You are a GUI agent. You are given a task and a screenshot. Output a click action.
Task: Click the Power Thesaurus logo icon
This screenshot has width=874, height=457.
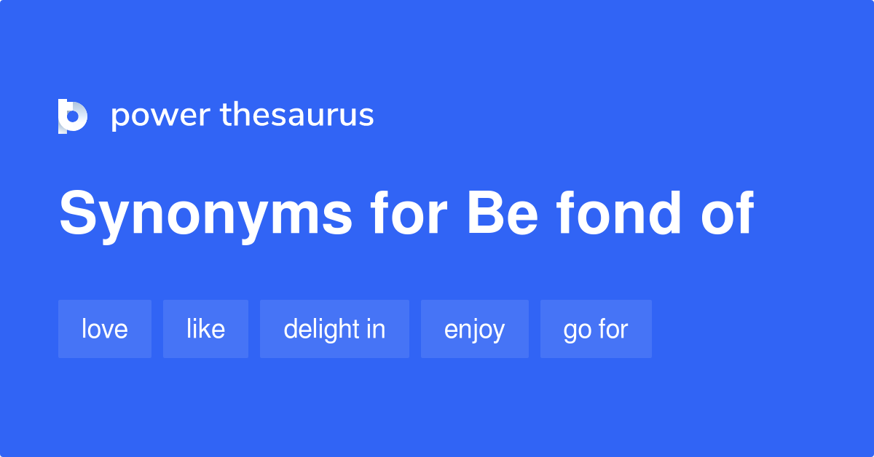click(73, 116)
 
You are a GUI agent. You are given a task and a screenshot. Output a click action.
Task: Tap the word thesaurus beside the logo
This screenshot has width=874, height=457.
click(297, 115)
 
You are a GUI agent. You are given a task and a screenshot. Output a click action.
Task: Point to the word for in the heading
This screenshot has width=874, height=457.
click(407, 215)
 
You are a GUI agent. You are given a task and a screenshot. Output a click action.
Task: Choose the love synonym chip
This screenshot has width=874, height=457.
click(105, 329)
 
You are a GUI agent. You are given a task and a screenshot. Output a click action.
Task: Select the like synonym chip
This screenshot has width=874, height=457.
click(205, 329)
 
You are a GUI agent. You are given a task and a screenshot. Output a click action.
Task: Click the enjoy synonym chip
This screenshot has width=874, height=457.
click(474, 330)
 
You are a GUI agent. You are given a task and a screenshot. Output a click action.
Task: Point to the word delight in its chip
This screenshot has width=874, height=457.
click(321, 329)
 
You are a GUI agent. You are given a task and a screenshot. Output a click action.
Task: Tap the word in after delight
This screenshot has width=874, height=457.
click(376, 329)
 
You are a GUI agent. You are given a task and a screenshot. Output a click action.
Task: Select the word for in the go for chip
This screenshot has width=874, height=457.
click(613, 329)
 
